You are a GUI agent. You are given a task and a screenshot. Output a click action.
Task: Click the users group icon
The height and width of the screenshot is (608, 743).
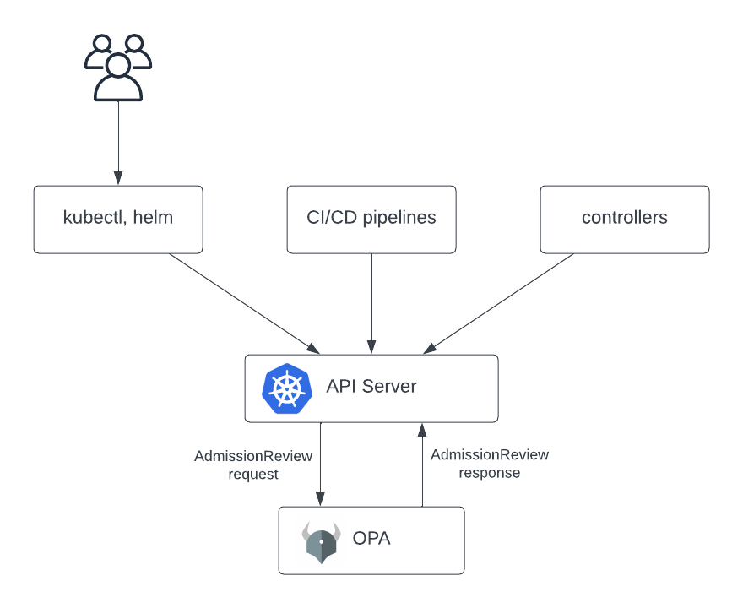click(x=118, y=68)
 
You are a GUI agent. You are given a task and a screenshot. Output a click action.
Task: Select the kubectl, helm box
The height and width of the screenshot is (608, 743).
click(x=118, y=220)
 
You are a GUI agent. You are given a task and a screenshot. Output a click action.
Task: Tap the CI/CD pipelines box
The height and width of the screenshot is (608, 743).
click(x=371, y=220)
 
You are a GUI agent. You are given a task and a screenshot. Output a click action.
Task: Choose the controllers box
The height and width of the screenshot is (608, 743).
click(x=625, y=220)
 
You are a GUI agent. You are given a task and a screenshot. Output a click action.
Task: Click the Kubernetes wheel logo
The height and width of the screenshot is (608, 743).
click(x=287, y=388)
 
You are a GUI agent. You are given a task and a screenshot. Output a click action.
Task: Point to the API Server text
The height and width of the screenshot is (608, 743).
click(x=371, y=387)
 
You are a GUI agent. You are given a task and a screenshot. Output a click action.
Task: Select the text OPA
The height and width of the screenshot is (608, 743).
click(x=371, y=539)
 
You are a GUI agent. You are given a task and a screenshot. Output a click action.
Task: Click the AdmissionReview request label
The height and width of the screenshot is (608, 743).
click(x=253, y=464)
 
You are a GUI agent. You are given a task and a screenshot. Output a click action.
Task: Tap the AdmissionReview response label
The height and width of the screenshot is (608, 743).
click(x=490, y=464)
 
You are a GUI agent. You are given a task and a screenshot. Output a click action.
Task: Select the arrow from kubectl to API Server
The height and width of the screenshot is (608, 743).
click(x=245, y=304)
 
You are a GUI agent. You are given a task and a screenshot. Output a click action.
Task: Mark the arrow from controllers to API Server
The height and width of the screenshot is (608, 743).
click(x=498, y=304)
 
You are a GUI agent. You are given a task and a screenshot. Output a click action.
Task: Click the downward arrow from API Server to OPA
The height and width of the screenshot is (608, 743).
click(x=321, y=464)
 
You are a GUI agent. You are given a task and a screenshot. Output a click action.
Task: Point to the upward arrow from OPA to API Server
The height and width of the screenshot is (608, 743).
click(x=422, y=464)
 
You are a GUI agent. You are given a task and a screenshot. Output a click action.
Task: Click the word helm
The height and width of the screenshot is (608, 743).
click(x=154, y=218)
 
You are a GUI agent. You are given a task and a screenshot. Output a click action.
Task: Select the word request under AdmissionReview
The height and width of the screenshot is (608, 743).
click(x=253, y=475)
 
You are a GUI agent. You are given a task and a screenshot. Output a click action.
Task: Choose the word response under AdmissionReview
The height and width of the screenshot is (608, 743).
click(x=490, y=473)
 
